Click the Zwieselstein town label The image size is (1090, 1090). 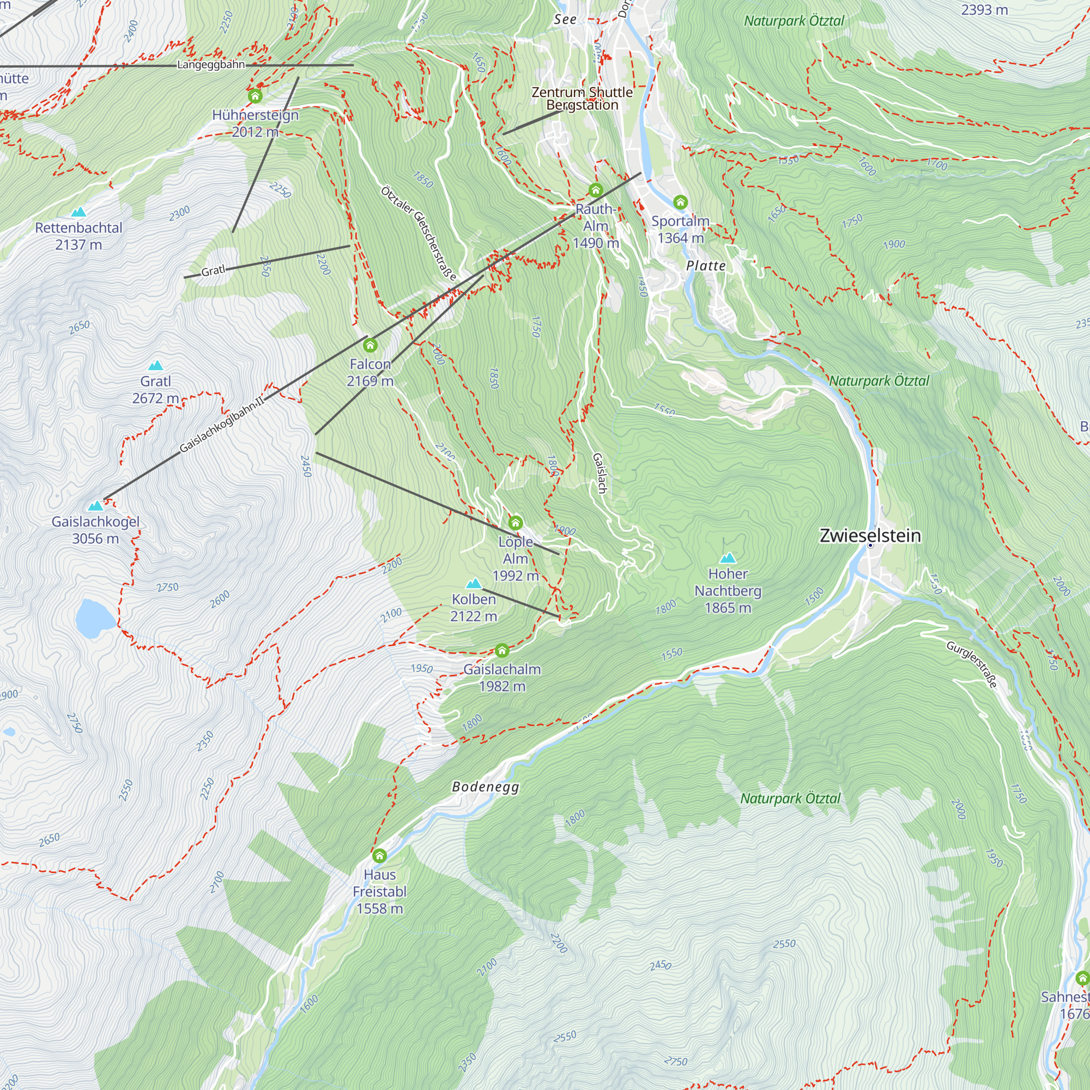870,535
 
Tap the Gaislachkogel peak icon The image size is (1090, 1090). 96,505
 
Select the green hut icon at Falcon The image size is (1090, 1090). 370,345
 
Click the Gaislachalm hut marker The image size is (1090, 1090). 501,651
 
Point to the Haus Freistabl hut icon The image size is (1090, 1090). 380,856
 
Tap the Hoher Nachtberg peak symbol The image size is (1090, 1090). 728,558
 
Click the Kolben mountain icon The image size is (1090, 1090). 474,583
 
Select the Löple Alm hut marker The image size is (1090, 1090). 515,523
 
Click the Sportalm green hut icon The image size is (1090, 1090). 680,202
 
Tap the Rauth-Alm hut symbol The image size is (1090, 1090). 596,190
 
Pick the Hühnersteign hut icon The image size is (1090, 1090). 255,96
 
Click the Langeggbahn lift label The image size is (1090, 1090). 211,64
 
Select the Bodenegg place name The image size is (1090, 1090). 485,786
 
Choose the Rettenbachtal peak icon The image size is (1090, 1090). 78,212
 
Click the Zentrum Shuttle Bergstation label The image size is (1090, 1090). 582,98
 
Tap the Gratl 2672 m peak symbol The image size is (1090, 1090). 155,366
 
